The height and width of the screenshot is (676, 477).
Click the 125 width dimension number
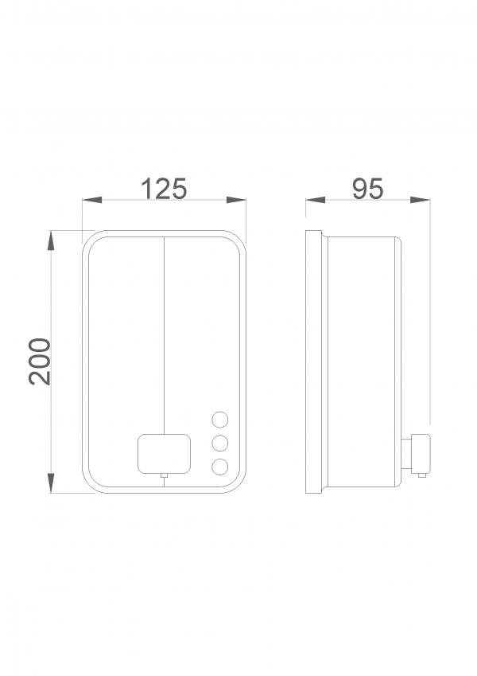[x=164, y=189]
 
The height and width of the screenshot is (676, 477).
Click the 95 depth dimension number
[x=367, y=189]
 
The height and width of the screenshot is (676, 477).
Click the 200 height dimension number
[x=40, y=361]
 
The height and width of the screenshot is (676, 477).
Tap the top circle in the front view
[x=220, y=420]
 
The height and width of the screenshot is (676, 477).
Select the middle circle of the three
[x=220, y=444]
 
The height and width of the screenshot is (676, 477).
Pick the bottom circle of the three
[x=220, y=467]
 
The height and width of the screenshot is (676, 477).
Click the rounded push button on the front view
[x=164, y=454]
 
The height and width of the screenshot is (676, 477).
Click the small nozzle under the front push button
[x=164, y=475]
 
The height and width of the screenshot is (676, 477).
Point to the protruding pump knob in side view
[x=421, y=453]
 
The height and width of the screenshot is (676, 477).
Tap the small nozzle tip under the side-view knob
[x=422, y=475]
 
